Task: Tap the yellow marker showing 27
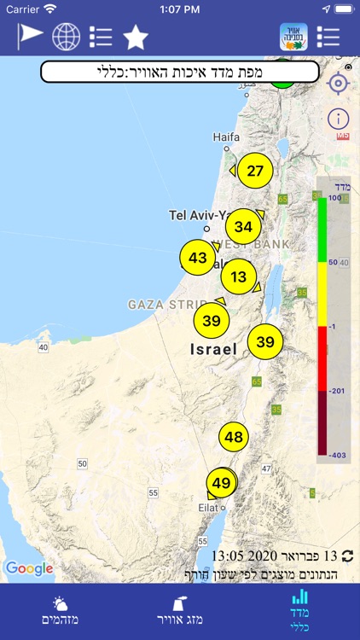coord(255,170)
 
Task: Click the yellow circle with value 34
coord(243,226)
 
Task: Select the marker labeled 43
coord(198,258)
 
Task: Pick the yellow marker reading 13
coord(238,276)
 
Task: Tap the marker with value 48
coord(234,437)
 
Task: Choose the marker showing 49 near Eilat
coord(221,483)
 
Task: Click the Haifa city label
coord(226,137)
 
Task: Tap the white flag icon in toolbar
coord(30,37)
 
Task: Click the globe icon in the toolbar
coord(66,37)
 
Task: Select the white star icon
coord(136,38)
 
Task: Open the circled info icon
coord(339,119)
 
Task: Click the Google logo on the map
coord(29,568)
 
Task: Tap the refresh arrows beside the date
coord(347,556)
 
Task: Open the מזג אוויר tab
coord(179,612)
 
